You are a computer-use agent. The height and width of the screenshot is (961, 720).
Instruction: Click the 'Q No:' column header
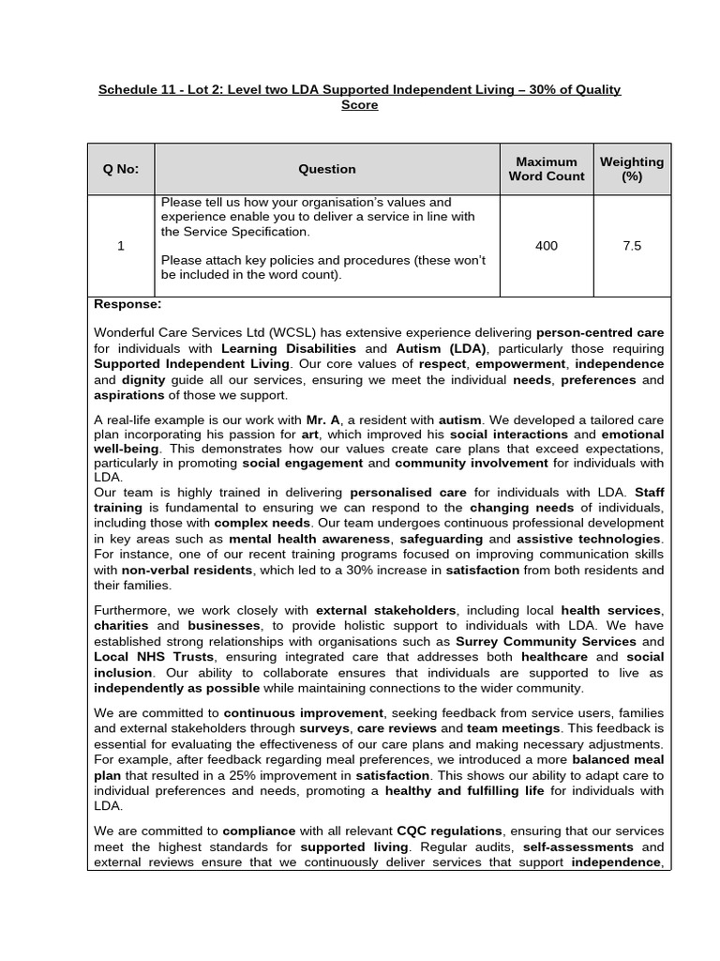[x=120, y=169]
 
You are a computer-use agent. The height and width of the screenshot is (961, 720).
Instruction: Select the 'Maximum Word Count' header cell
[x=546, y=169]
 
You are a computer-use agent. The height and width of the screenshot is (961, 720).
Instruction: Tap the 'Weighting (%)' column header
[x=631, y=169]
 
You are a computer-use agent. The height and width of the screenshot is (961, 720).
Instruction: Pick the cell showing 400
[x=546, y=246]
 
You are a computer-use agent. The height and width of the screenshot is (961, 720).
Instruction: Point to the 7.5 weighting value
[x=631, y=246]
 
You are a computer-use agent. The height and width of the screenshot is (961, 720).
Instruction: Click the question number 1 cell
[x=120, y=246]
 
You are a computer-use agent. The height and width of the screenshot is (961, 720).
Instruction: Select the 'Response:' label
[x=127, y=304]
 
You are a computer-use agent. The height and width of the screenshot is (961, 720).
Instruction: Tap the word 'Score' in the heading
[x=360, y=105]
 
